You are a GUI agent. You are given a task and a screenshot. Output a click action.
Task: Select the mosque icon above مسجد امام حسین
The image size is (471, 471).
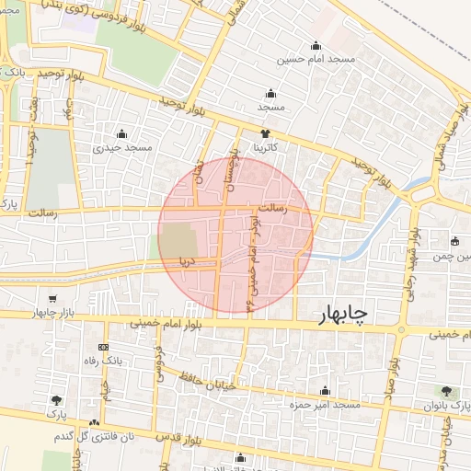point(316,45)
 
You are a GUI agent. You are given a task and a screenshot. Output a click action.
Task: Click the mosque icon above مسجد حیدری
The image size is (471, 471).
point(121,133)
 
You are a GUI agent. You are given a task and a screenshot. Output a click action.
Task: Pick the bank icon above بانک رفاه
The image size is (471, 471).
point(102,348)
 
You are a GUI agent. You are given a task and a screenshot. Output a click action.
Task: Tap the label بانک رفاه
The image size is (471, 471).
point(103,362)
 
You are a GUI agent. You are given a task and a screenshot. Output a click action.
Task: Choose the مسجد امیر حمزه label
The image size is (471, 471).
point(323,405)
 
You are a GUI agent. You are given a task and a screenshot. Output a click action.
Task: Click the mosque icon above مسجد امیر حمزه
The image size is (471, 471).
point(323,391)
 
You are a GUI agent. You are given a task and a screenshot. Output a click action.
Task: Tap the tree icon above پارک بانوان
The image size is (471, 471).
point(448,392)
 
